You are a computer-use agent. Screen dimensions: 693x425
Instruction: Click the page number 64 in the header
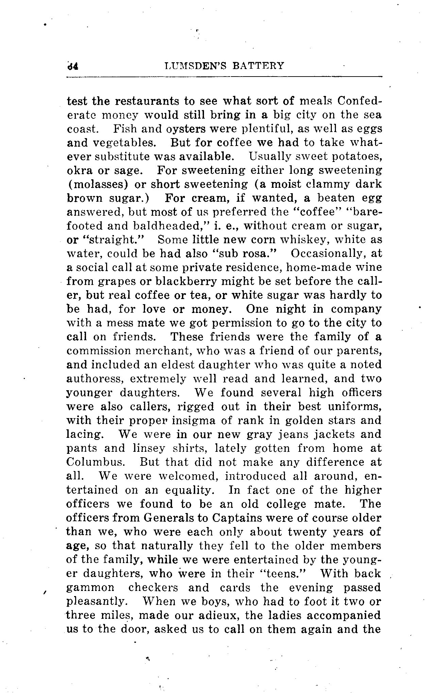[x=73, y=66]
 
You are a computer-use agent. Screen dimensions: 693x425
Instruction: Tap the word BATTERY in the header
[x=258, y=66]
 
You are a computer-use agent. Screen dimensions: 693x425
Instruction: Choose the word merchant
[x=165, y=351]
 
